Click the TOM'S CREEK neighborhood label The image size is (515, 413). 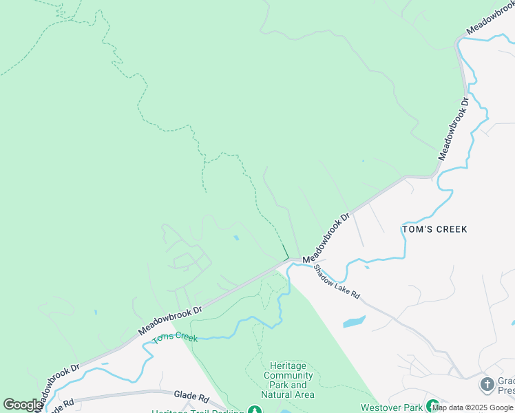[x=434, y=229]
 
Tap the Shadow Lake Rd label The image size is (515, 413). [x=337, y=282]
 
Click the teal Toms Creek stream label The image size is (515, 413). [x=175, y=337]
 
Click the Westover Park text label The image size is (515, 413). [x=391, y=407]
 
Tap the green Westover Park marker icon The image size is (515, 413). [x=432, y=407]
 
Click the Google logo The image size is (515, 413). [x=23, y=405]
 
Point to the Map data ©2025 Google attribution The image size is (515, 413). [x=472, y=407]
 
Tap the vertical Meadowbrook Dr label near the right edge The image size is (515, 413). [x=454, y=128]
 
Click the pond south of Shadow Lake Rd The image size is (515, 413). [x=353, y=321]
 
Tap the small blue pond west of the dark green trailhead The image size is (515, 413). [x=236, y=238]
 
